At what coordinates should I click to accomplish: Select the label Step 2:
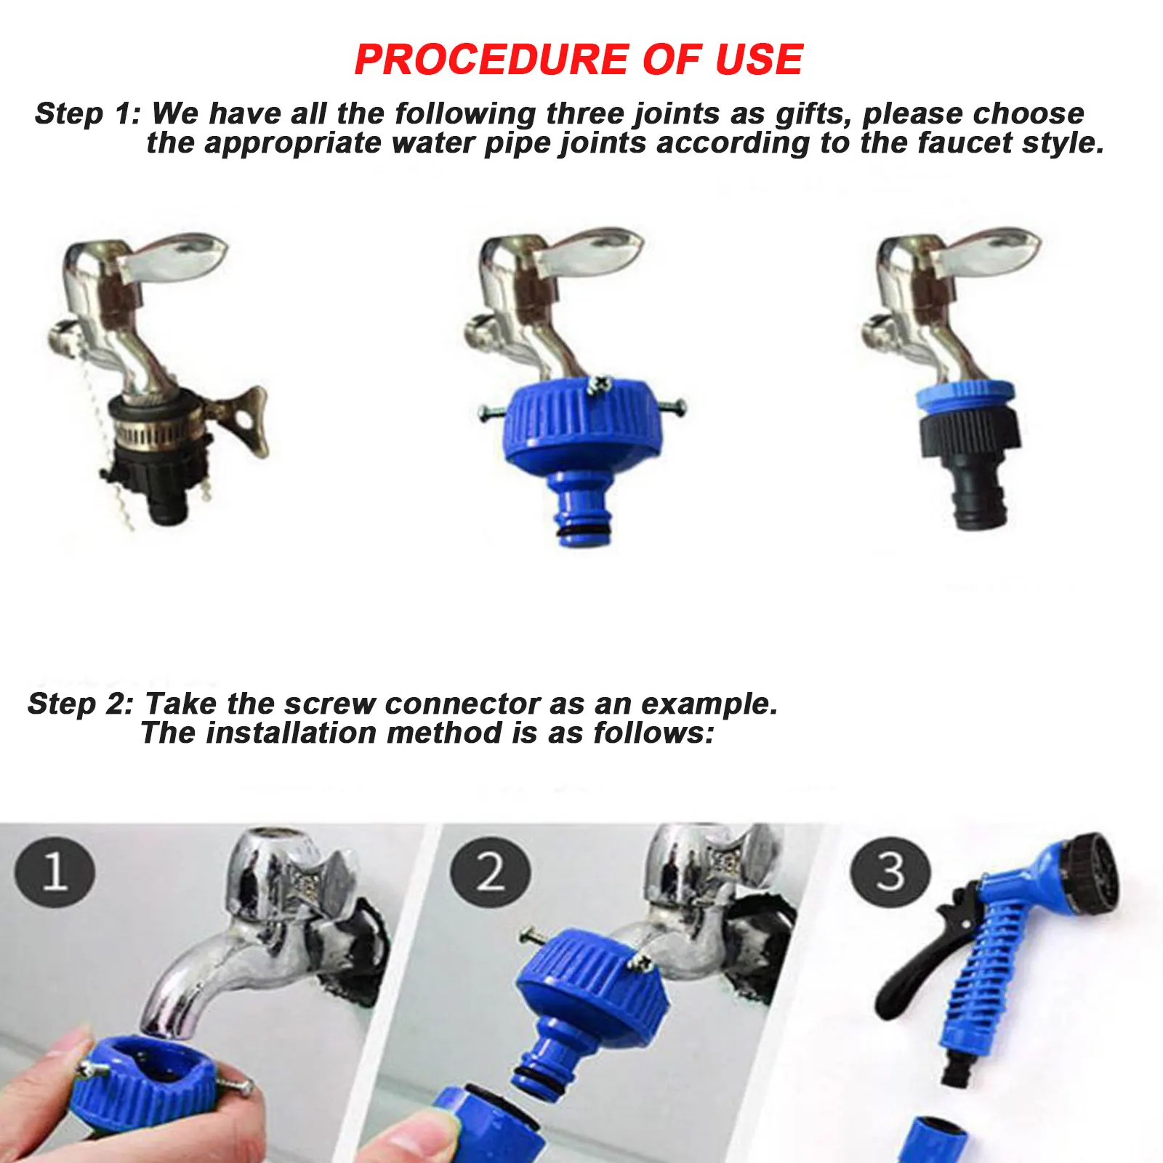(81, 704)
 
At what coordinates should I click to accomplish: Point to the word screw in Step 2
(329, 704)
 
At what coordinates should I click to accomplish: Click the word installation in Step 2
(291, 733)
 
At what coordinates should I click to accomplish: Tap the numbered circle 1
(55, 872)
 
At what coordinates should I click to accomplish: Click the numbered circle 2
(490, 872)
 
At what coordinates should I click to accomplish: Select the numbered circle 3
(890, 872)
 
